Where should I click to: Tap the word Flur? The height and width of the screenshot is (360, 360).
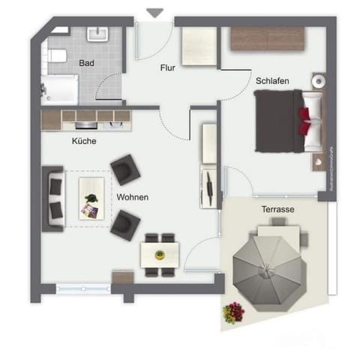(168, 68)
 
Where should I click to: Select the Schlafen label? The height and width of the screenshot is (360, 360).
(272, 80)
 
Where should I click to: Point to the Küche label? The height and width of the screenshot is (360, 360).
(84, 140)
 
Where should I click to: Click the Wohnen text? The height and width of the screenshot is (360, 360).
(132, 197)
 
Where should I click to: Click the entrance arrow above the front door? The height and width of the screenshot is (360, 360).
(155, 13)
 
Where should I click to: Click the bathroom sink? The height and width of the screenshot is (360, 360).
(96, 34)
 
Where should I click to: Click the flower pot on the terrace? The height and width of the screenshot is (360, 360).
(234, 311)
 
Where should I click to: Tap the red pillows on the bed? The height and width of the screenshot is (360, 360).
(305, 118)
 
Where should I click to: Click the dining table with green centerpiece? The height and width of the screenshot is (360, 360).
(159, 253)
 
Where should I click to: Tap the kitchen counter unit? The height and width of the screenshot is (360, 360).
(85, 118)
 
